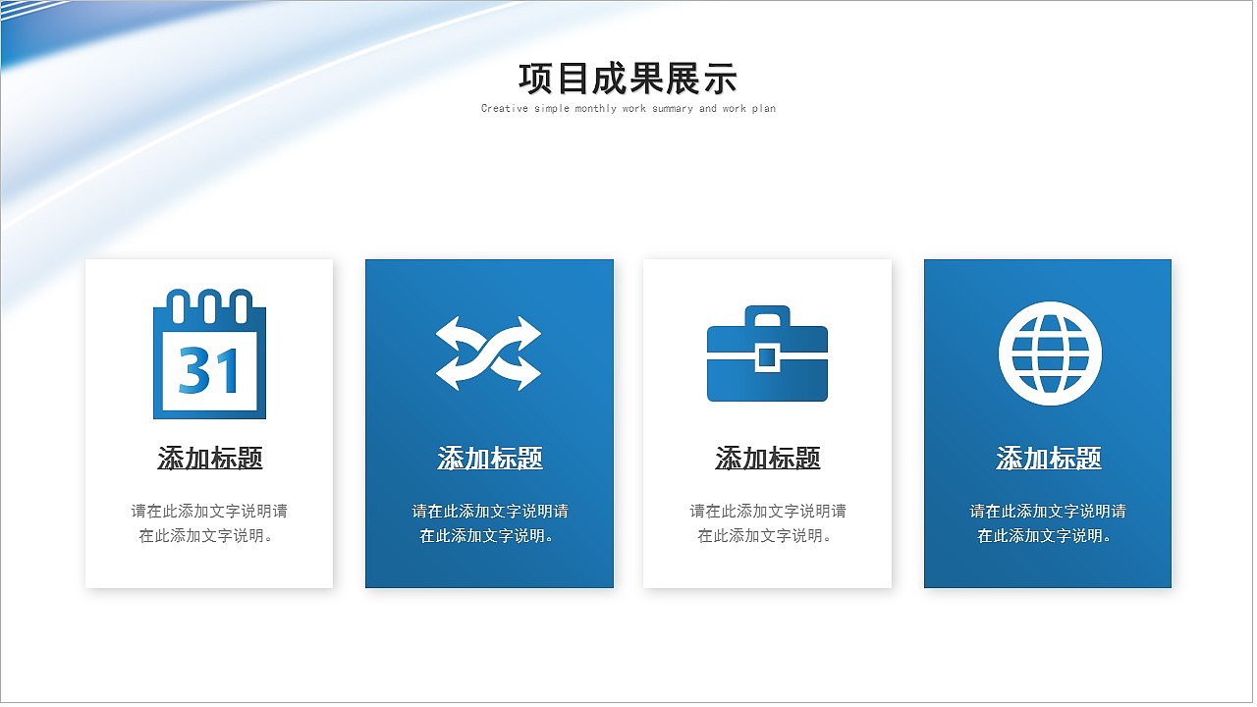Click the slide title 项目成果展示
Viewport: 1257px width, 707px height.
[628, 78]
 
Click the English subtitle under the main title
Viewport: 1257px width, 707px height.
[628, 109]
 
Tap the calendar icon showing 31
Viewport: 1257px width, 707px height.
[209, 354]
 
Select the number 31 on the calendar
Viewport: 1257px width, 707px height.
[209, 370]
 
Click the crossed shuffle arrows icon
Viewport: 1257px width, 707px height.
[488, 353]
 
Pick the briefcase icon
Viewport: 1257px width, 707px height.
[767, 355]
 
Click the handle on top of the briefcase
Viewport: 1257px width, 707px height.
[767, 314]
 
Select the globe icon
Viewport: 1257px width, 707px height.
[1050, 353]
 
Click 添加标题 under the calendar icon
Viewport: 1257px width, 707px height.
[210, 459]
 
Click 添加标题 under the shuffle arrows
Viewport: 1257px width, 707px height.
[490, 459]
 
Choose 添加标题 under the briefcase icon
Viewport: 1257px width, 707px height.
[768, 459]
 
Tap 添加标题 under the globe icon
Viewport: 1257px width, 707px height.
[1049, 459]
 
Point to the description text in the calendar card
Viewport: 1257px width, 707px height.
[209, 523]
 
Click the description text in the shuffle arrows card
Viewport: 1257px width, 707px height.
[490, 523]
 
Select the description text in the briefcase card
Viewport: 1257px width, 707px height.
[768, 523]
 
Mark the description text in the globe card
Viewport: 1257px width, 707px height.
[1048, 523]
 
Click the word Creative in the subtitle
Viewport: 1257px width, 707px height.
[505, 109]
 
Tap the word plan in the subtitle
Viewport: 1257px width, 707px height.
[763, 109]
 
